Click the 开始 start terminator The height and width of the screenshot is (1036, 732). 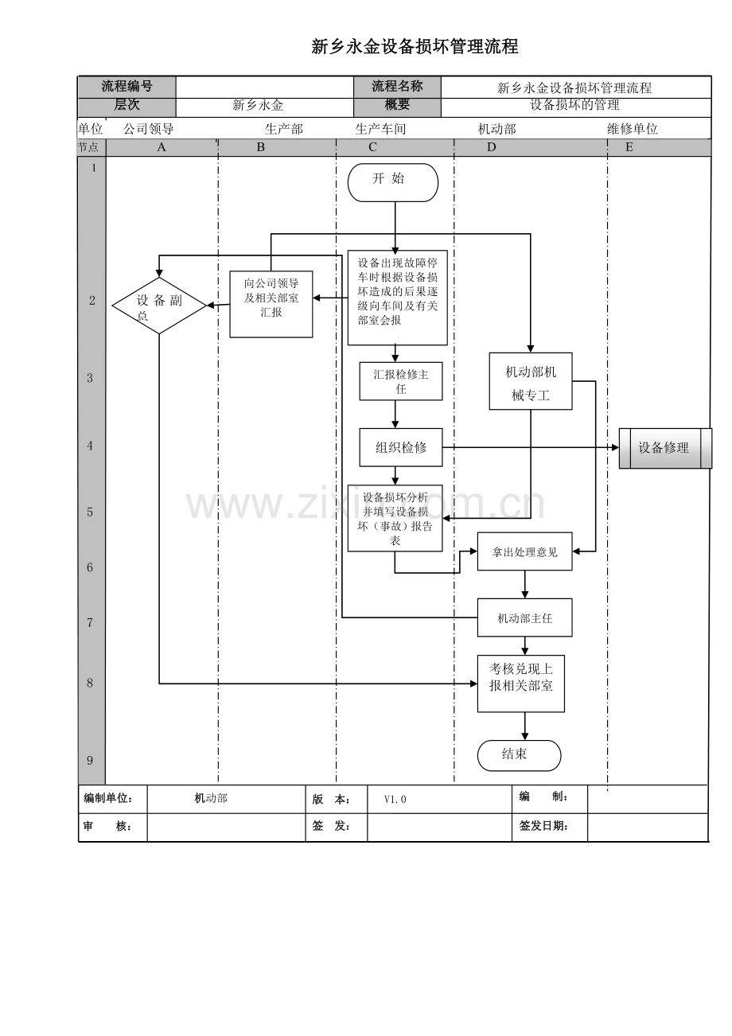pos(392,182)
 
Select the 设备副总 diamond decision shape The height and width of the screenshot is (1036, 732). pos(159,306)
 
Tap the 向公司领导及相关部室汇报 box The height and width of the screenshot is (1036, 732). pos(271,304)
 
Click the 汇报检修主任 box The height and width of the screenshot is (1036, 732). pos(400,381)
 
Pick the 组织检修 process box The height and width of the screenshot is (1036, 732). pos(400,447)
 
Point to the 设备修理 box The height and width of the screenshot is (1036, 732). pos(665,448)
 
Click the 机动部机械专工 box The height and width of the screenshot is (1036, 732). pos(531,381)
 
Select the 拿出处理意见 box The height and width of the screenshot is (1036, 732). pos(524,551)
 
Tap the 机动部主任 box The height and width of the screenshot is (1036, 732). pos(524,617)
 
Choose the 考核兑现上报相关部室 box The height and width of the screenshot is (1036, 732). pos(520,684)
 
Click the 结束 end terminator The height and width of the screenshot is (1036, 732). pos(519,756)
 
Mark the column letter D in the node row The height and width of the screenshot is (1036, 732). pos(491,147)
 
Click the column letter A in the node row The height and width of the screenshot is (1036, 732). pos(161,147)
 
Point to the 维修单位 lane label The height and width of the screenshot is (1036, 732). pos(632,129)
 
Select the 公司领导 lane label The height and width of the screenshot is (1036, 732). pos(149,129)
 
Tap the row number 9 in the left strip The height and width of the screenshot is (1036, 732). pos(90,761)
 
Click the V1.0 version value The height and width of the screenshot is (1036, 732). pos(395,799)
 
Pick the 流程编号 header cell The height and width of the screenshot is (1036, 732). pos(127,87)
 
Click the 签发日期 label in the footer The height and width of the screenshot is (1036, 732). pos(543,826)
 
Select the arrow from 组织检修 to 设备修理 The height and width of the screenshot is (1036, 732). pos(531,447)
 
